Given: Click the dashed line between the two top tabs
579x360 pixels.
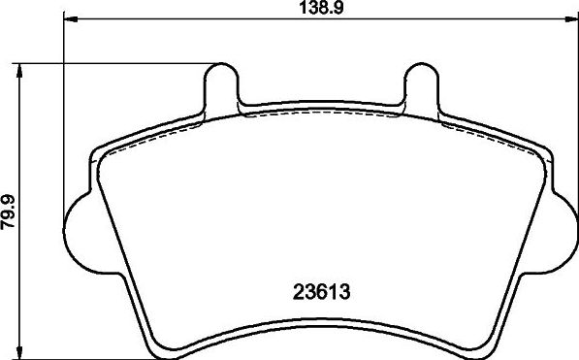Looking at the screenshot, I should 320,114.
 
